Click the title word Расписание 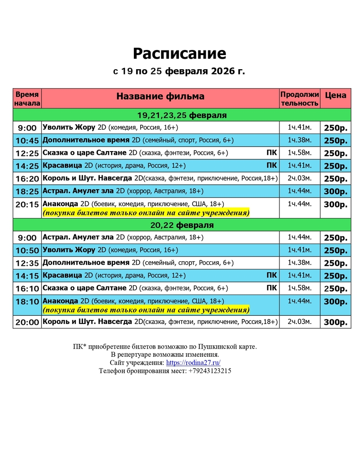click(x=179, y=54)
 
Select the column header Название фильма click(x=160, y=96)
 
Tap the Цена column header click(x=335, y=95)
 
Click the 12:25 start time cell click(x=27, y=153)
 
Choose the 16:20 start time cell click(x=27, y=179)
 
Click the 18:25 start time click(x=27, y=192)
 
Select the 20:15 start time click(x=27, y=204)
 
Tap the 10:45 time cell click(x=27, y=141)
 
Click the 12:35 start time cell click(x=27, y=263)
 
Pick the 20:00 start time click(x=27, y=322)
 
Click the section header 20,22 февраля click(x=182, y=225)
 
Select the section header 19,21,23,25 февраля click(x=182, y=115)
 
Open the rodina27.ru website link click(x=193, y=363)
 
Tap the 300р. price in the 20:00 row click(x=335, y=322)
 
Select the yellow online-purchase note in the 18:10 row click(x=146, y=310)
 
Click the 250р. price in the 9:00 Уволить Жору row click(x=335, y=128)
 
